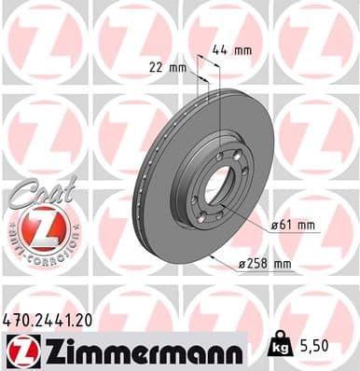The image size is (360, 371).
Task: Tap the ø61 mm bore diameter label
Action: [x=294, y=226]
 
